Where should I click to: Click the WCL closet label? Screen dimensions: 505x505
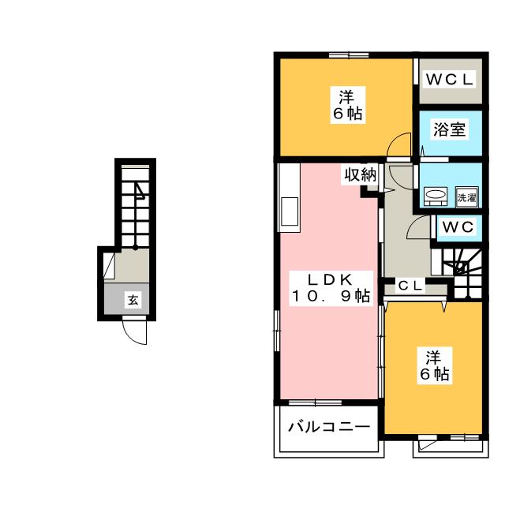(450, 79)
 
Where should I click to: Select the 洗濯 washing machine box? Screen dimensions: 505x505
(466, 196)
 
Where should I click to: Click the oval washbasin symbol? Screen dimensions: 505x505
(435, 196)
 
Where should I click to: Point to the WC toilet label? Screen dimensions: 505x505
(458, 227)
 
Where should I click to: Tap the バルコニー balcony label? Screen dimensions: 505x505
(327, 428)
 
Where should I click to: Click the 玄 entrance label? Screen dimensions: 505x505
(134, 300)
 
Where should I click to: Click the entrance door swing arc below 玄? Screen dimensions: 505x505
(136, 334)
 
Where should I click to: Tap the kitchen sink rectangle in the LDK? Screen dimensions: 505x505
(289, 211)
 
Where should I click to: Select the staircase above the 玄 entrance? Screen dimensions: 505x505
(137, 205)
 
